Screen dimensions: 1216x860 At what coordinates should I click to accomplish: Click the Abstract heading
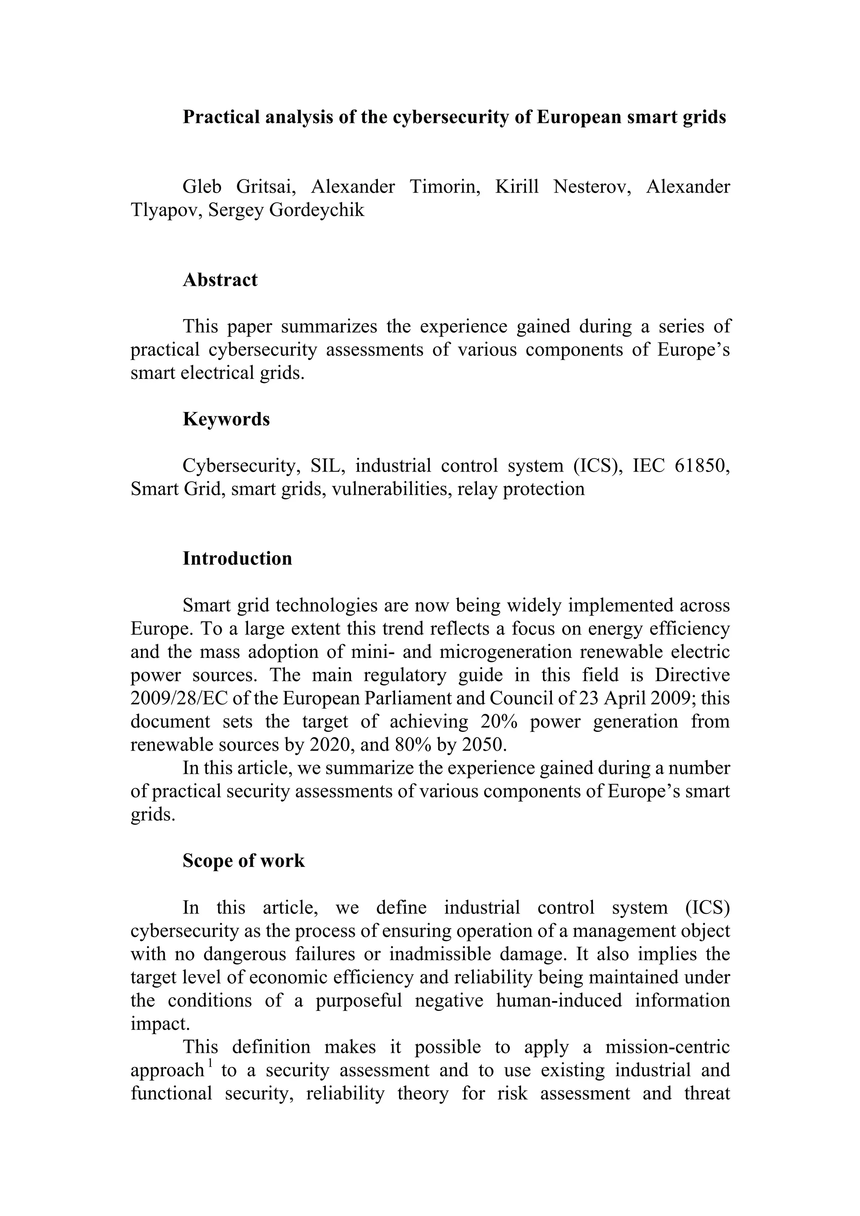[220, 279]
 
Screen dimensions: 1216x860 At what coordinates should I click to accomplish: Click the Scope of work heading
[244, 861]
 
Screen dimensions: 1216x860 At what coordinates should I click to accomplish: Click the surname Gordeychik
[317, 210]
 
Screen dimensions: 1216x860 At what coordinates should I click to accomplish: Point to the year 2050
[483, 745]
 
